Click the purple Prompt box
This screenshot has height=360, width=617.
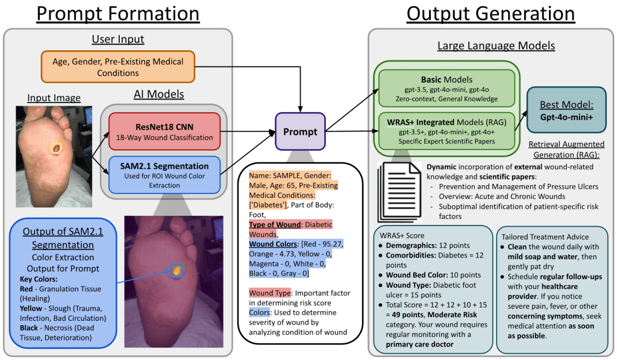[300, 131]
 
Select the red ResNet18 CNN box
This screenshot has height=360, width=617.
[164, 131]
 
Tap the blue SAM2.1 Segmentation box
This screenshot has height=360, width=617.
[164, 175]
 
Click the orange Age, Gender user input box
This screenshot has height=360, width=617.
[118, 67]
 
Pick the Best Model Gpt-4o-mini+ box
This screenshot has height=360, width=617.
[566, 110]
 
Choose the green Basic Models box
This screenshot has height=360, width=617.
[446, 89]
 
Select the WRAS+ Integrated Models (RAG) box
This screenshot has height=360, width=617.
[446, 131]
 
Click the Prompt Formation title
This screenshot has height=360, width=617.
[118, 14]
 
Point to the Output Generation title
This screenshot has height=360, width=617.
[490, 14]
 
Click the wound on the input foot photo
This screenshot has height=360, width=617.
[57, 149]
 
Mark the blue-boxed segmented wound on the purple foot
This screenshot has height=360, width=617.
[177, 270]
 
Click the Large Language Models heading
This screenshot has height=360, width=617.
[496, 46]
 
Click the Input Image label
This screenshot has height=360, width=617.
[54, 98]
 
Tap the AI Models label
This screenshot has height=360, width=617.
[158, 94]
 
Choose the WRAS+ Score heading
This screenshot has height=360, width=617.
[402, 236]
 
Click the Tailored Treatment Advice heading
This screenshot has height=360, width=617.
[545, 237]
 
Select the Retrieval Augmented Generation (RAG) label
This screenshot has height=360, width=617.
[566, 150]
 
